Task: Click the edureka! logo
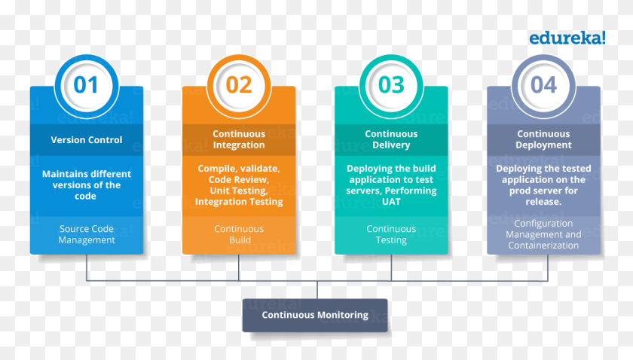pyautogui.click(x=567, y=38)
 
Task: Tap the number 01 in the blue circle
pyautogui.click(x=86, y=85)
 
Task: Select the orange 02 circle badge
pyautogui.click(x=239, y=86)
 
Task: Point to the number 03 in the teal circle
pyautogui.click(x=391, y=85)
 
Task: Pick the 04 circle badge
pyautogui.click(x=544, y=86)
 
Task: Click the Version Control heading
pyautogui.click(x=87, y=139)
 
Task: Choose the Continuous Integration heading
pyautogui.click(x=239, y=139)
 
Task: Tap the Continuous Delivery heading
pyautogui.click(x=391, y=139)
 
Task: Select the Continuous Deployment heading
pyautogui.click(x=544, y=139)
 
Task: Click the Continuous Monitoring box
pyautogui.click(x=315, y=316)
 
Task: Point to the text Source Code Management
pyautogui.click(x=87, y=234)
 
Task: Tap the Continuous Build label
pyautogui.click(x=239, y=234)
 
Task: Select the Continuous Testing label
pyautogui.click(x=391, y=234)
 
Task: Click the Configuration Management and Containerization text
pyautogui.click(x=544, y=234)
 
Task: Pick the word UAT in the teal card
pyautogui.click(x=391, y=201)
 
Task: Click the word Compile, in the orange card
pyautogui.click(x=216, y=169)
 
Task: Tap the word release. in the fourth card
pyautogui.click(x=543, y=201)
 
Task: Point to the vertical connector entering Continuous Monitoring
pyautogui.click(x=317, y=290)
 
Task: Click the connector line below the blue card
pyautogui.click(x=87, y=267)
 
